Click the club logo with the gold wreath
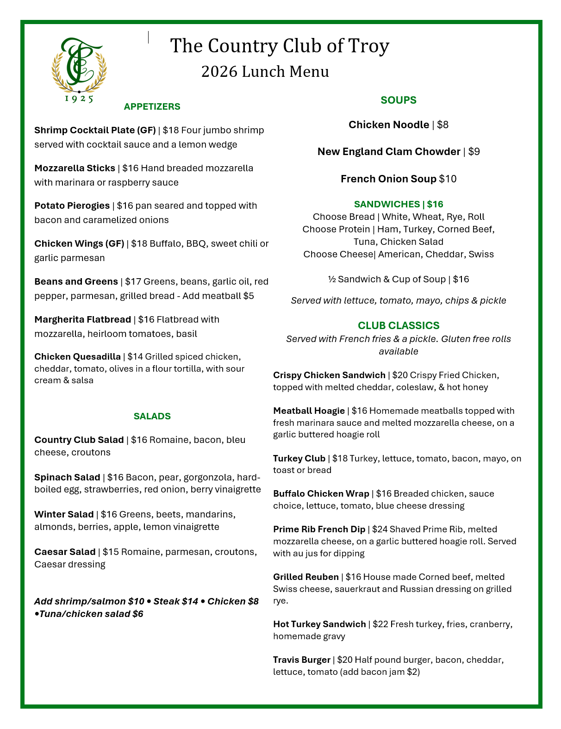point(79,65)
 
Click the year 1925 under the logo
point(79,98)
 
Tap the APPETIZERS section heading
point(152,106)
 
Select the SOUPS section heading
point(398,100)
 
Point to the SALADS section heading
point(152,416)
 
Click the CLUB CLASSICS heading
point(398,325)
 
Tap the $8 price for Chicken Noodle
point(443,125)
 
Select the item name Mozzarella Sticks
point(75,168)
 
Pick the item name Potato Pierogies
point(72,206)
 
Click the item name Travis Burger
point(301,660)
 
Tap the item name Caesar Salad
point(64,552)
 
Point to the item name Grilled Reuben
point(305,577)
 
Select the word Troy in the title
point(368,46)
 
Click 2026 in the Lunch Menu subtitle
point(219,72)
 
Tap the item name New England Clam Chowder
point(388,152)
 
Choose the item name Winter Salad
point(64,514)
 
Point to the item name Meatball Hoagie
point(309,411)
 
